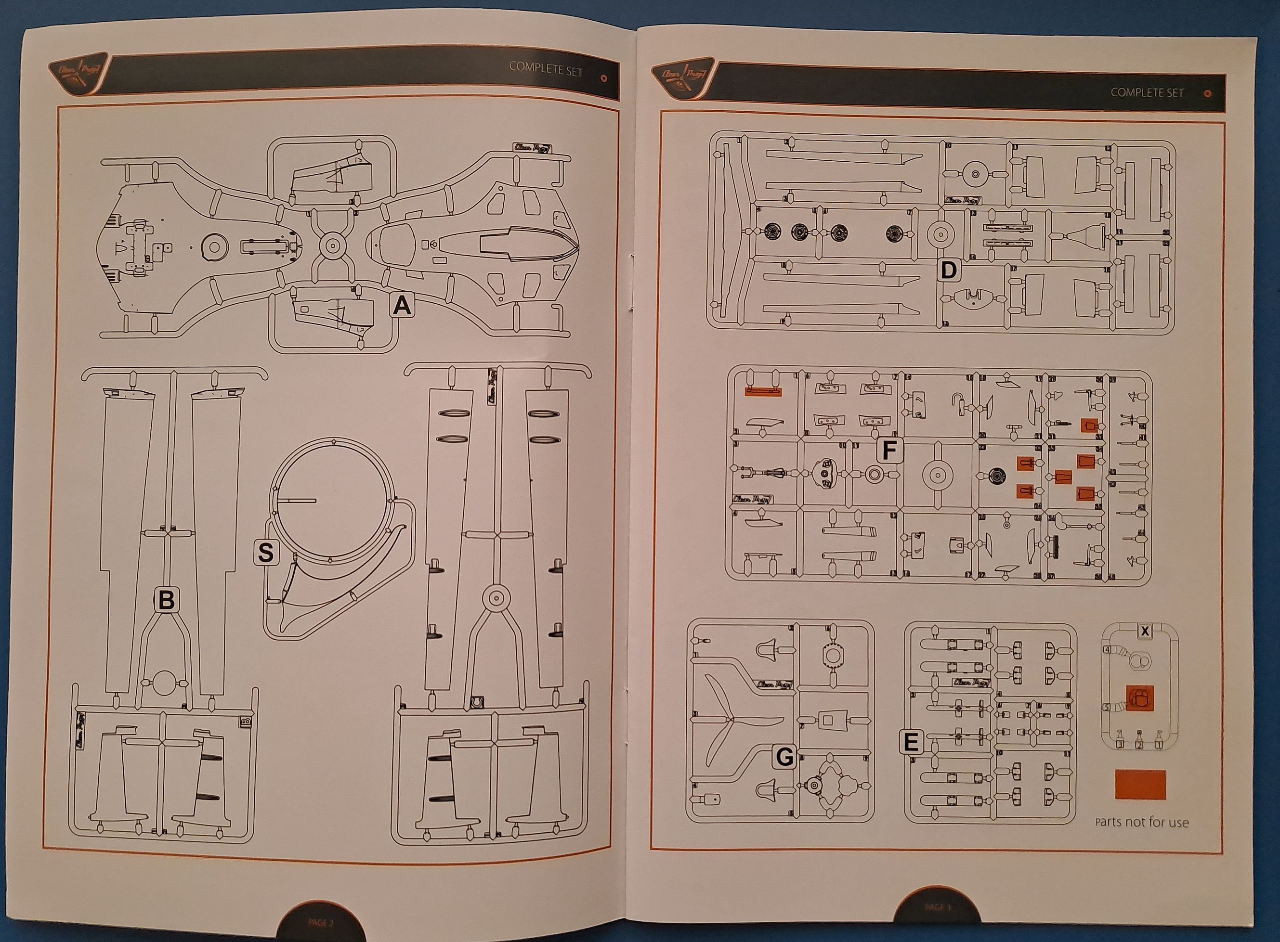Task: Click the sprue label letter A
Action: pos(403,307)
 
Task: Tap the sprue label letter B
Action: pos(166,600)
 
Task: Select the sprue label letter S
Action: pos(266,553)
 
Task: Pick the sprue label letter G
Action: pos(785,757)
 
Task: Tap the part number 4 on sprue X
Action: pos(1107,650)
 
